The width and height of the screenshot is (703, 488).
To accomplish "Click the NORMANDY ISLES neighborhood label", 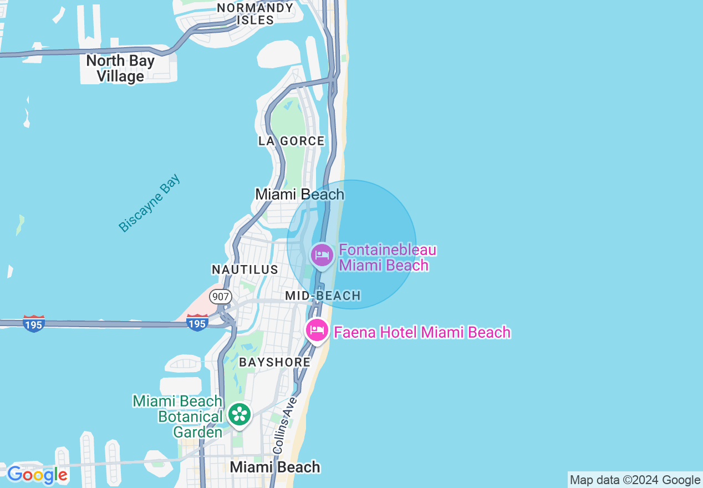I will (x=255, y=14).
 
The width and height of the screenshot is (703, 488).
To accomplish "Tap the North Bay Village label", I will (x=120, y=68).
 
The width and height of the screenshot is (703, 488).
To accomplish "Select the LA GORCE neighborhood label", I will (x=292, y=141).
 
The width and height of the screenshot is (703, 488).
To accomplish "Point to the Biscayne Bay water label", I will (x=150, y=203).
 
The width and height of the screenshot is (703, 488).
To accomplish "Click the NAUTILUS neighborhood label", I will (x=244, y=270).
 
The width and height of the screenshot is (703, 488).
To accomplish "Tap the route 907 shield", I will (x=221, y=297).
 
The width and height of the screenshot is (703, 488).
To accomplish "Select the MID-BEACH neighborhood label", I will (x=323, y=296).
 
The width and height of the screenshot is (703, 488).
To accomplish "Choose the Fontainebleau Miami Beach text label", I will (x=387, y=257).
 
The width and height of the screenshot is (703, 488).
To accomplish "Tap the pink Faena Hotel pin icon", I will (x=317, y=331).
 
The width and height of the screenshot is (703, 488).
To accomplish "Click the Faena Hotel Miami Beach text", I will (x=421, y=332).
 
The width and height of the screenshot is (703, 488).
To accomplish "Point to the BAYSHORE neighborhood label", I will (x=274, y=363).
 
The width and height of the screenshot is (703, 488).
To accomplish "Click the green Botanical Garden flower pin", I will (x=240, y=414).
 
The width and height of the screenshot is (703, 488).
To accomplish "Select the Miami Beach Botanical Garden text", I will (x=177, y=416).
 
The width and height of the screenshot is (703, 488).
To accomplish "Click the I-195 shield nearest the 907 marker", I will (x=197, y=323).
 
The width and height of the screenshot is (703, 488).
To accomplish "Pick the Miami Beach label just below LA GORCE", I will (x=299, y=195).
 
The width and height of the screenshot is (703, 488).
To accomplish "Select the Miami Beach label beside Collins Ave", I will (x=275, y=467).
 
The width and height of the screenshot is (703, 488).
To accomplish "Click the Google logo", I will (x=37, y=475).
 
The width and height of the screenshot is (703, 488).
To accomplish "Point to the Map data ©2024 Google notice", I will (x=635, y=480).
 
